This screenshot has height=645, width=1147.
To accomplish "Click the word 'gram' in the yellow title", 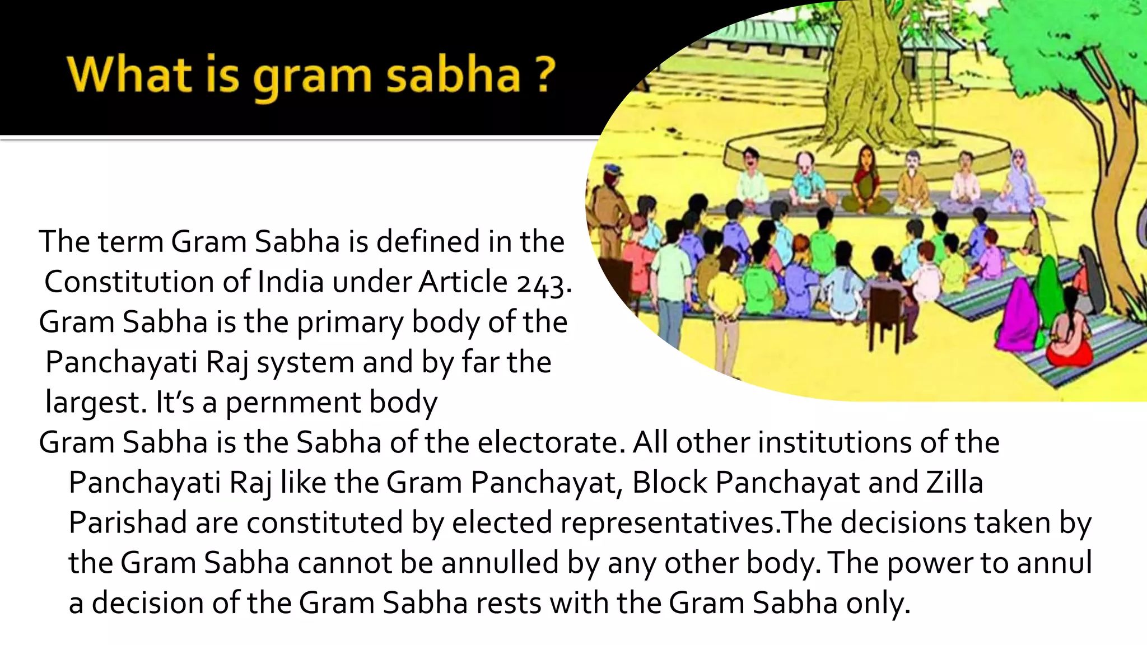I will point(312,78).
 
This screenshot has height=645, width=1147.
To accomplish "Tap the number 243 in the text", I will point(540,283).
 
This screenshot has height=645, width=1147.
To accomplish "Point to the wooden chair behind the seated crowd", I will point(889,319).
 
